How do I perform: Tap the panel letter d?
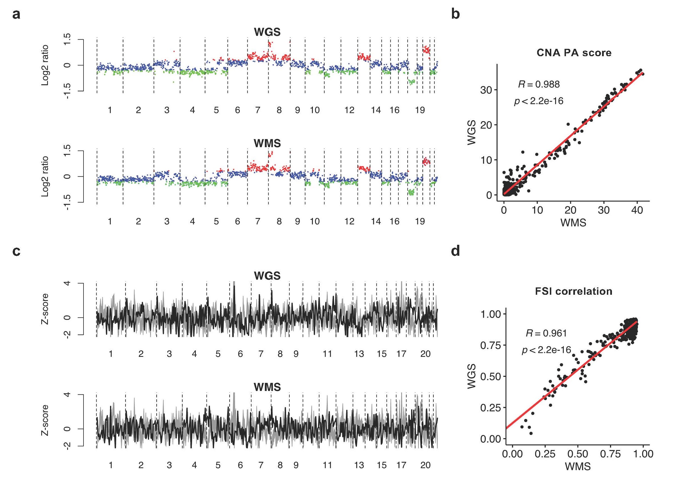coord(455,251)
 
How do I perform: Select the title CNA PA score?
coord(574,53)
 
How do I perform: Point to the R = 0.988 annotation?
coord(539,84)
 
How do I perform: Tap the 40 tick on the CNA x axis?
coord(637,210)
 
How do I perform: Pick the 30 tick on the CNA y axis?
coord(486,90)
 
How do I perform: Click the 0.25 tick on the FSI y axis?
coord(490,408)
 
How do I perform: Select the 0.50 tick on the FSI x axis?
coord(578,454)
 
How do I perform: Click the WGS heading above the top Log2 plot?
coord(267,32)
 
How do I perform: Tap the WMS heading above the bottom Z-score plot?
coord(267,387)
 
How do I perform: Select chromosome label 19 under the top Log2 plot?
coord(420,110)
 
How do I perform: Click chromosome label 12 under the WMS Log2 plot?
coord(350,222)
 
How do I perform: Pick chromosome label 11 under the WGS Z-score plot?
coord(327,354)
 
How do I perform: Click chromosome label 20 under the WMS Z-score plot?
coord(425,465)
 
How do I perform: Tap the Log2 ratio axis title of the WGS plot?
coord(45,65)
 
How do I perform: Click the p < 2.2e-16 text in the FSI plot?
coord(546,350)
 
